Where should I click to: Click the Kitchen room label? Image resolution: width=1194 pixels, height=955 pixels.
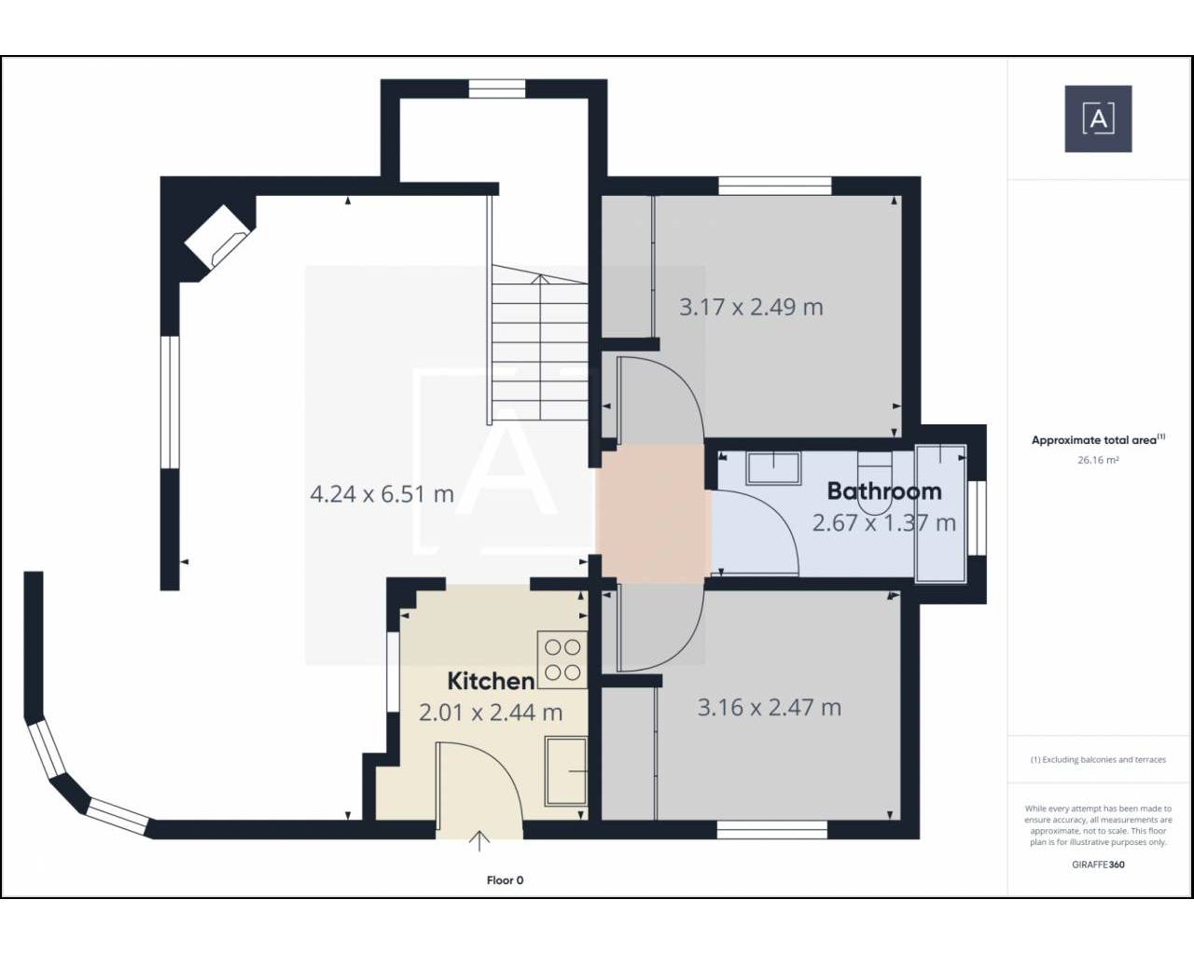coord(491,682)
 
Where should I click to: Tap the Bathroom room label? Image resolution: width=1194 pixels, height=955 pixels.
coord(884,491)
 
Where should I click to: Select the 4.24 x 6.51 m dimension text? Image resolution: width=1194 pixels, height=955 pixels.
coord(382,494)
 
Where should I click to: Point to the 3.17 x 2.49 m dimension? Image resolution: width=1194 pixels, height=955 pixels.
coord(751,307)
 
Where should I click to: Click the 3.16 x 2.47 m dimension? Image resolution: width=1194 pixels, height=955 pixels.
coord(769,708)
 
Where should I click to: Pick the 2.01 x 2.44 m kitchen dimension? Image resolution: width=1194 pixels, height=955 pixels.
coord(491,713)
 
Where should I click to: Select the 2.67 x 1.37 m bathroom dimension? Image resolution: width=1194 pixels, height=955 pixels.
coord(884,522)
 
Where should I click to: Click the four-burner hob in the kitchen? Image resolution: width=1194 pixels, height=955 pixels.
coord(562,659)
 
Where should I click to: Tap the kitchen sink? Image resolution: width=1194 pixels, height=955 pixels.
coord(566,771)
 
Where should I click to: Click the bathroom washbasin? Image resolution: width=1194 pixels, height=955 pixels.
coord(773,468)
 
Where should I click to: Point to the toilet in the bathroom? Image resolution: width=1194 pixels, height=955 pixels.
coord(874,482)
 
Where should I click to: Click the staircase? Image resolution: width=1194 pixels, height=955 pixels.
coord(537,344)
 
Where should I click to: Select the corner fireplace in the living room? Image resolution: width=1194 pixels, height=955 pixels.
coord(218,236)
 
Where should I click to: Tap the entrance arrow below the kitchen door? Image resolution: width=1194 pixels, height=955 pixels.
coord(479,840)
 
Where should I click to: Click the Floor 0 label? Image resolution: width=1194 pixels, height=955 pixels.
coord(505,880)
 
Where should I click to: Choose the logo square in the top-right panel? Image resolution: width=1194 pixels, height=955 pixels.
coord(1098,118)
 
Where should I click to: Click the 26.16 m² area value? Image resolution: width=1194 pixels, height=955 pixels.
coord(1098,460)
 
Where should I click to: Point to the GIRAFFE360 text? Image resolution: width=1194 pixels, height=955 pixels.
coord(1098,865)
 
